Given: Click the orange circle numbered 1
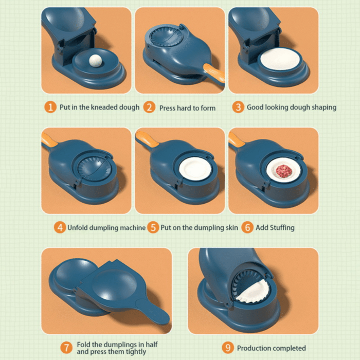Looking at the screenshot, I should [50, 107].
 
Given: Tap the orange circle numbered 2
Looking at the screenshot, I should [149, 107].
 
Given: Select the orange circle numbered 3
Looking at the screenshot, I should [238, 107].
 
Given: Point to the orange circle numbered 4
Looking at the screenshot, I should [60, 227].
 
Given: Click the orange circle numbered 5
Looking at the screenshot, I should [153, 227].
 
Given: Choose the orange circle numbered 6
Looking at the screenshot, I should [247, 227].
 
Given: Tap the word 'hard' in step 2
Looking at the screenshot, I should [186, 108].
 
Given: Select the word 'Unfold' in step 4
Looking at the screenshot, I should [79, 227].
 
